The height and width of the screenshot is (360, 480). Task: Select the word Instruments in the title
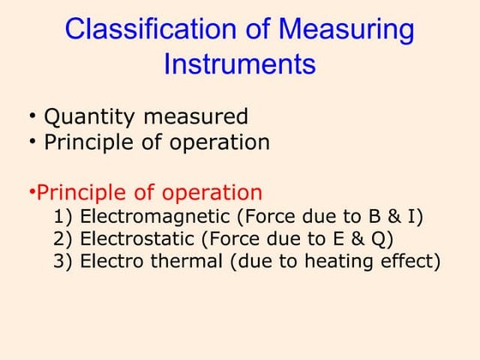pos(239,64)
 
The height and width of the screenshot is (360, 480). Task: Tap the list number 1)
pos(63,218)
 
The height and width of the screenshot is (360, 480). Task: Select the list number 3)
pos(63,262)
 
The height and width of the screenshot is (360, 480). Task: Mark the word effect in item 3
pos(410,262)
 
